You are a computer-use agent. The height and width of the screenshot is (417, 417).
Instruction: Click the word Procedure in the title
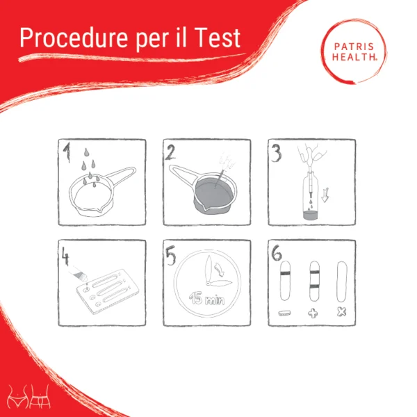click(74, 38)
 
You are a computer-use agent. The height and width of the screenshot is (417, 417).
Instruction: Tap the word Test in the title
click(217, 38)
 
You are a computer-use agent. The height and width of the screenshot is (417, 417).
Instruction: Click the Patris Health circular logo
click(354, 51)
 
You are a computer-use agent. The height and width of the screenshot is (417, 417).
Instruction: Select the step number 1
click(67, 152)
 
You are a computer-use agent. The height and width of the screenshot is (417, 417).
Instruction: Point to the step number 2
click(170, 152)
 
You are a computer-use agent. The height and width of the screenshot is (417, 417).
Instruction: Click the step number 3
click(277, 153)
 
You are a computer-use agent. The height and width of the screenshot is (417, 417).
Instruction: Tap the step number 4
click(65, 256)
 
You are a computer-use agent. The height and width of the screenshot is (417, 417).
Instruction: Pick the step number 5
click(170, 255)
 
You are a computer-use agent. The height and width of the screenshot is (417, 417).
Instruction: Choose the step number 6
click(277, 253)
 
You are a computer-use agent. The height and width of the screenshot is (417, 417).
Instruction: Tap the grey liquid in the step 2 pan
click(214, 194)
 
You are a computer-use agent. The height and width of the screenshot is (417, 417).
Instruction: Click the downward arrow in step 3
click(325, 195)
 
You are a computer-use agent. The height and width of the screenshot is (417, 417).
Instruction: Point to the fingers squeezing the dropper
click(311, 154)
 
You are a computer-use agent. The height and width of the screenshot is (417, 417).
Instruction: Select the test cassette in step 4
click(108, 292)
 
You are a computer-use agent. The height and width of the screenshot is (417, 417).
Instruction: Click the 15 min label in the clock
click(207, 299)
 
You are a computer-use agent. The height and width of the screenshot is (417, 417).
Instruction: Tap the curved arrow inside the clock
click(220, 269)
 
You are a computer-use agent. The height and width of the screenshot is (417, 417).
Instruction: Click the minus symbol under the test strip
click(284, 313)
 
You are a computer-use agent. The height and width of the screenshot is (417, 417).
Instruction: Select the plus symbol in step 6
click(313, 313)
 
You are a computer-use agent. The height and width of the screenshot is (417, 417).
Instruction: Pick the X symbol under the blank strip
click(341, 311)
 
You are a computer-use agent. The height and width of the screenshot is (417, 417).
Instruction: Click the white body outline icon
click(28, 396)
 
